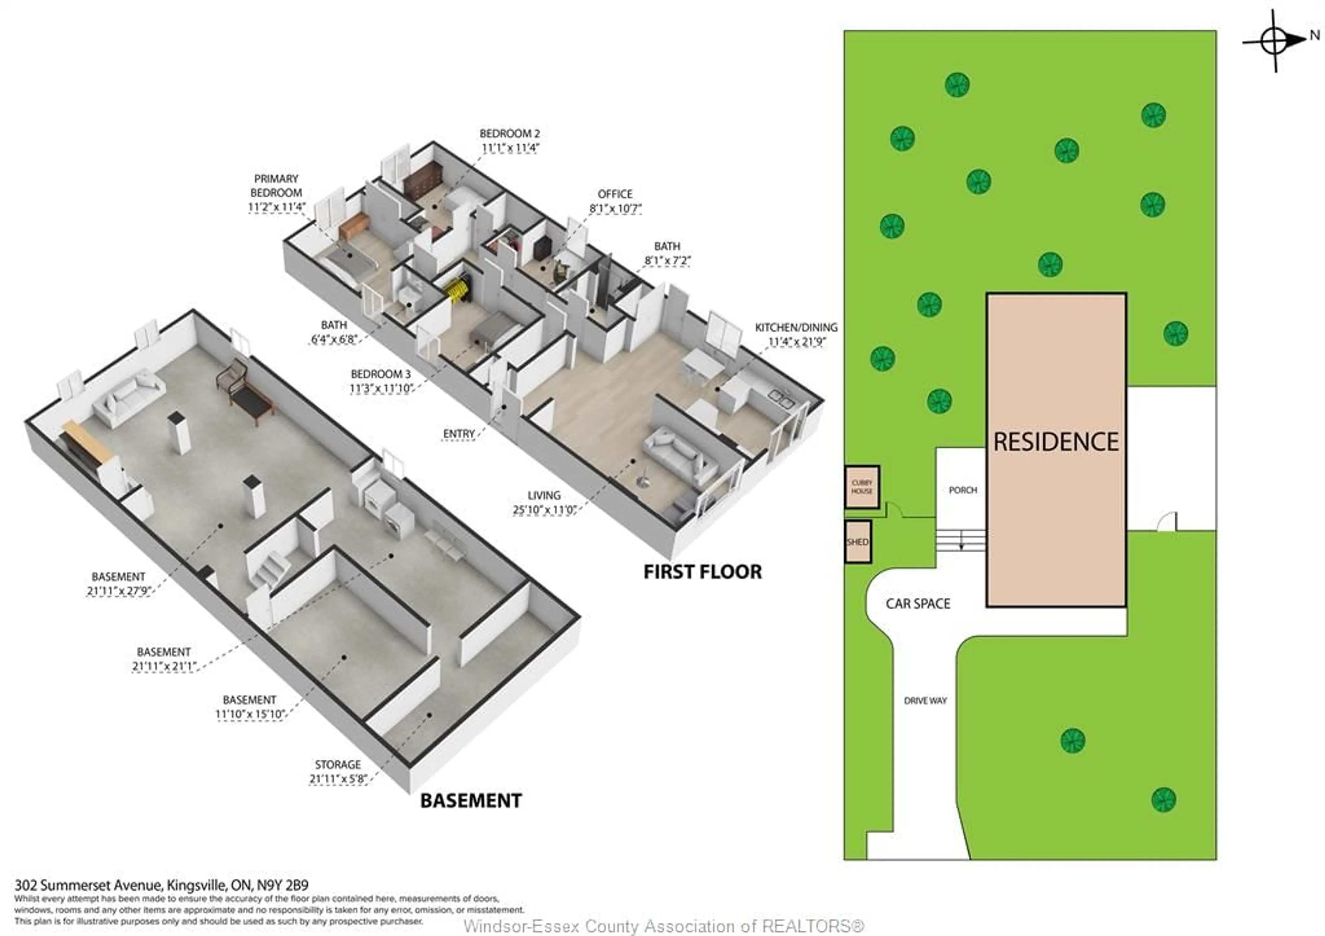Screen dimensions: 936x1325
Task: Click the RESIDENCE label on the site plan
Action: pos(1056,442)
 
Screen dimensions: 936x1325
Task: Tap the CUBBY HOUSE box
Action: pos(862,487)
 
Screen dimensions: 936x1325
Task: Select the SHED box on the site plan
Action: pos(857,542)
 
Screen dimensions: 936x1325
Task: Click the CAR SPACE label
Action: pos(917,604)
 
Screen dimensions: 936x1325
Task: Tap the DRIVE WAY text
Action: pos(925,701)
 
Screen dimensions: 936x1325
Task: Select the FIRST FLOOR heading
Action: pos(702,572)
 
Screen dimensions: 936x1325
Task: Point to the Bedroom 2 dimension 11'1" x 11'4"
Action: pos(510,148)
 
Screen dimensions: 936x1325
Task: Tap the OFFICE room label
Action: pos(615,194)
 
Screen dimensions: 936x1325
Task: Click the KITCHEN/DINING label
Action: pos(796,327)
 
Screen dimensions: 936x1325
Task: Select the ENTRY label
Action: pos(459,434)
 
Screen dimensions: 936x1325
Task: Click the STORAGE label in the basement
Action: pos(337,764)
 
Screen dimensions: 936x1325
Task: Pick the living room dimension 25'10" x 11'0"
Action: pos(544,510)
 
